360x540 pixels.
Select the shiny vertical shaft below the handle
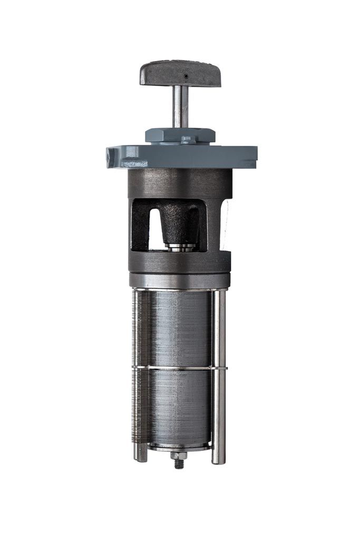pyautogui.click(x=180, y=105)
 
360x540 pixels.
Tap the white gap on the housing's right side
pyautogui.click(x=225, y=224)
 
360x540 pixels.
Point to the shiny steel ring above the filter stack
pyautogui.click(x=180, y=280)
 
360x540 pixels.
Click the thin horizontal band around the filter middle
pyautogui.click(x=180, y=367)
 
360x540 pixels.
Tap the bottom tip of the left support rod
pyautogui.click(x=141, y=458)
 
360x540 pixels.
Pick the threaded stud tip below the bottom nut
pyautogui.click(x=179, y=465)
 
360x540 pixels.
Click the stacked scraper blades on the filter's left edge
pyautogui.click(x=136, y=369)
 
